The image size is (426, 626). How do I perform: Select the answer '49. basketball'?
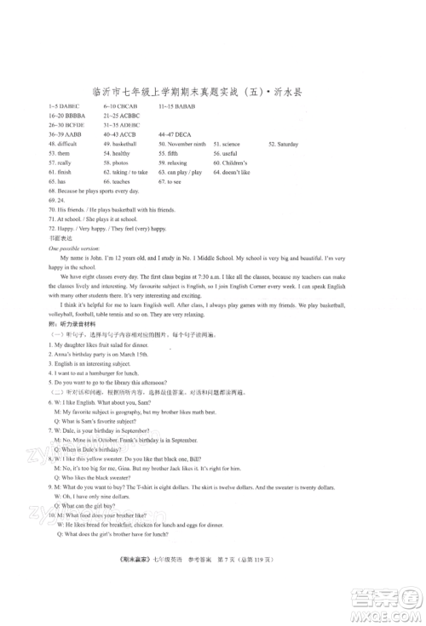tap(120, 145)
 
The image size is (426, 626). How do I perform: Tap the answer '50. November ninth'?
tap(181, 145)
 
